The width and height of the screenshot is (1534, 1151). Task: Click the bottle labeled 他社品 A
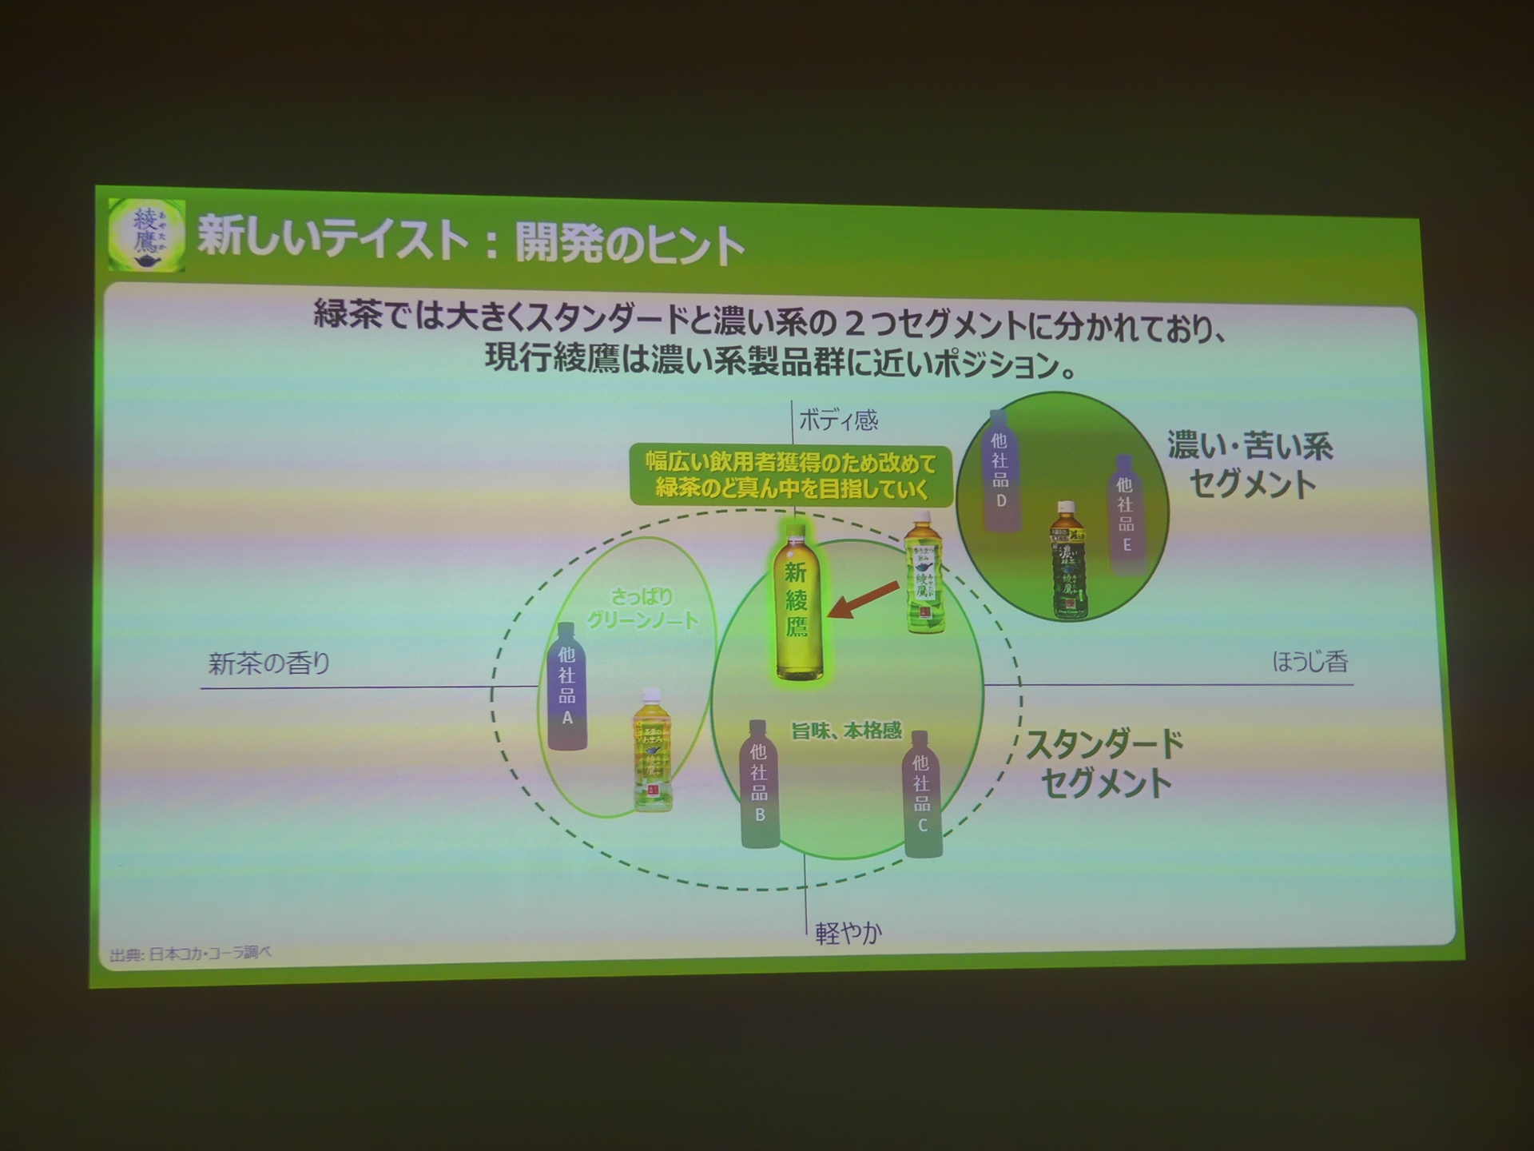(x=566, y=687)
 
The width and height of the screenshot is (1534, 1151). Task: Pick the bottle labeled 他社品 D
(x=999, y=472)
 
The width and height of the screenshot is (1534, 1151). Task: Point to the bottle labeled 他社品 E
(x=1125, y=515)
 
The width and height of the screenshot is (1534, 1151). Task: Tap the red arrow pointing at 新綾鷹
(x=863, y=600)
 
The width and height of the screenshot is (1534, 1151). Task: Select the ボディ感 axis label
(x=838, y=420)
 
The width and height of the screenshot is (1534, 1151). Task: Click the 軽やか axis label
(x=848, y=933)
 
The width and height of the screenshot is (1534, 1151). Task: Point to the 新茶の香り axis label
(x=269, y=663)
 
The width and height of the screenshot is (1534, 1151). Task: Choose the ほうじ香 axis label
(x=1310, y=662)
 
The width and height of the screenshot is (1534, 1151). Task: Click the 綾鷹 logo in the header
(x=146, y=235)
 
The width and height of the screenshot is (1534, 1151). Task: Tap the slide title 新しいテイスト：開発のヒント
(x=471, y=241)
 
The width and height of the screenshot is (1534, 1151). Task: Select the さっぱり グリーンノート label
(x=643, y=608)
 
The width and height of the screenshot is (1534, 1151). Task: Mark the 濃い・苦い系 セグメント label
(x=1250, y=464)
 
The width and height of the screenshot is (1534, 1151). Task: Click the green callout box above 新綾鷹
(x=791, y=476)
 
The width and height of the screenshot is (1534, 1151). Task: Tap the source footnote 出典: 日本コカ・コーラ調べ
(x=191, y=954)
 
